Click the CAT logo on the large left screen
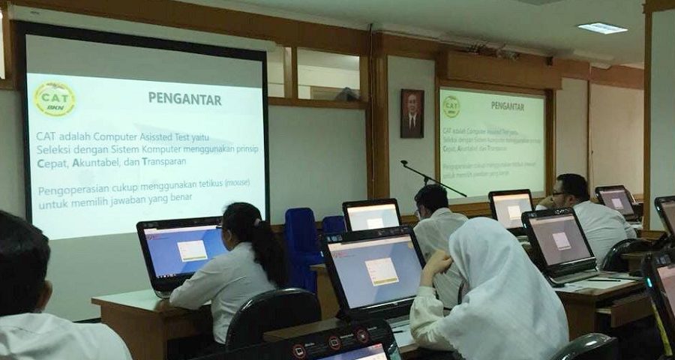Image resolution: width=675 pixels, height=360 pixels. coord(55,98)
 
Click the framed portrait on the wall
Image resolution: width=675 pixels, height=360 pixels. coord(412,113)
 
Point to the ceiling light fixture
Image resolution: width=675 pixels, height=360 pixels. coord(602,28)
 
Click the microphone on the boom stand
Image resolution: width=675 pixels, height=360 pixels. coord(405,163)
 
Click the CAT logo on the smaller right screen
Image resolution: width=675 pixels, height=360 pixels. coord(451,106)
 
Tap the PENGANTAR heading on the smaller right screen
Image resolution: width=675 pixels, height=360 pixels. coord(508,106)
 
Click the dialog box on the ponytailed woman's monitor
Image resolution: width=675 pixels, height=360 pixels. coord(193,250)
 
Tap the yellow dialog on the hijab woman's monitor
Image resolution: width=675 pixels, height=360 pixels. coord(382,271)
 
